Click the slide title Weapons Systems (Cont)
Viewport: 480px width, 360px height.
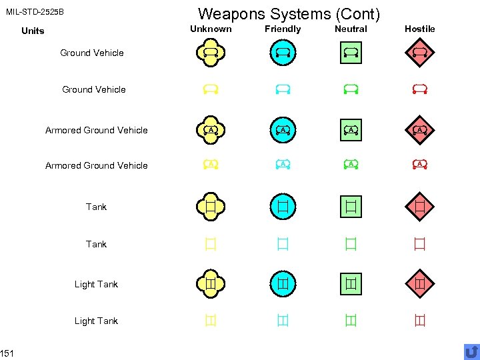[289, 13]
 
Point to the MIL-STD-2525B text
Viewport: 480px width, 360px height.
[35, 12]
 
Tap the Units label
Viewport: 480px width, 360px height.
[33, 31]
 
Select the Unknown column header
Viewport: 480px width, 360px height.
[211, 29]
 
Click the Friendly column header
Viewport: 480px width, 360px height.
[283, 29]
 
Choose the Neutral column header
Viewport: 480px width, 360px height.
[351, 29]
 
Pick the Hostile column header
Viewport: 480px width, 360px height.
[419, 29]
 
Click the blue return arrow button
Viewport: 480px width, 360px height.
[471, 351]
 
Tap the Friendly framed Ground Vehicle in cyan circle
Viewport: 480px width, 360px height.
[283, 51]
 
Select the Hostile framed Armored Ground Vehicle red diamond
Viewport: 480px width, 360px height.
[419, 129]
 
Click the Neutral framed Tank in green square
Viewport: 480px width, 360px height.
[351, 206]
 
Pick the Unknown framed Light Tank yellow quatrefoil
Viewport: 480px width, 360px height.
[211, 283]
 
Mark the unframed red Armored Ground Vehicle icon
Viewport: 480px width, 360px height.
[419, 164]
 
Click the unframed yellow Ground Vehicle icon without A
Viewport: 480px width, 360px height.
[211, 88]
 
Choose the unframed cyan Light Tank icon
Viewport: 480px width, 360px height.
[283, 321]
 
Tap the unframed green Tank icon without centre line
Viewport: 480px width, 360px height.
[351, 244]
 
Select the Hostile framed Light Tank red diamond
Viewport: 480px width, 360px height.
[419, 283]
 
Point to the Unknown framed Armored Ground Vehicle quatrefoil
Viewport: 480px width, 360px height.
[211, 129]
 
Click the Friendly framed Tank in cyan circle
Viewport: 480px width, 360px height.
[283, 206]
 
